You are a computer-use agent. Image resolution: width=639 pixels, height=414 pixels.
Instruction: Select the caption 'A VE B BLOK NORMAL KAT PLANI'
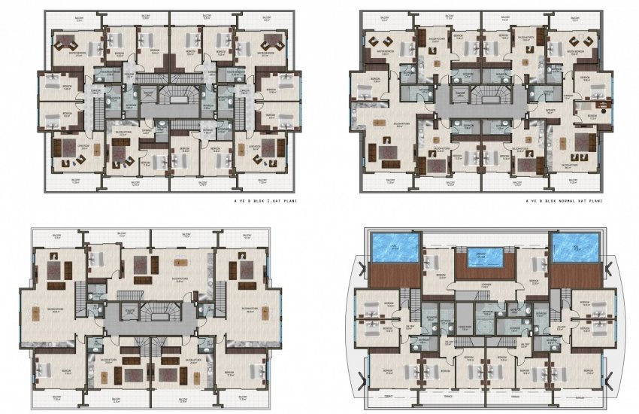[566, 202]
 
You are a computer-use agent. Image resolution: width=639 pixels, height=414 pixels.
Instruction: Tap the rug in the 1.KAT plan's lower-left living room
[71, 159]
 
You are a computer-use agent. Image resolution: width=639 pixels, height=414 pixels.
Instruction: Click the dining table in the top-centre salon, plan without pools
[178, 262]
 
